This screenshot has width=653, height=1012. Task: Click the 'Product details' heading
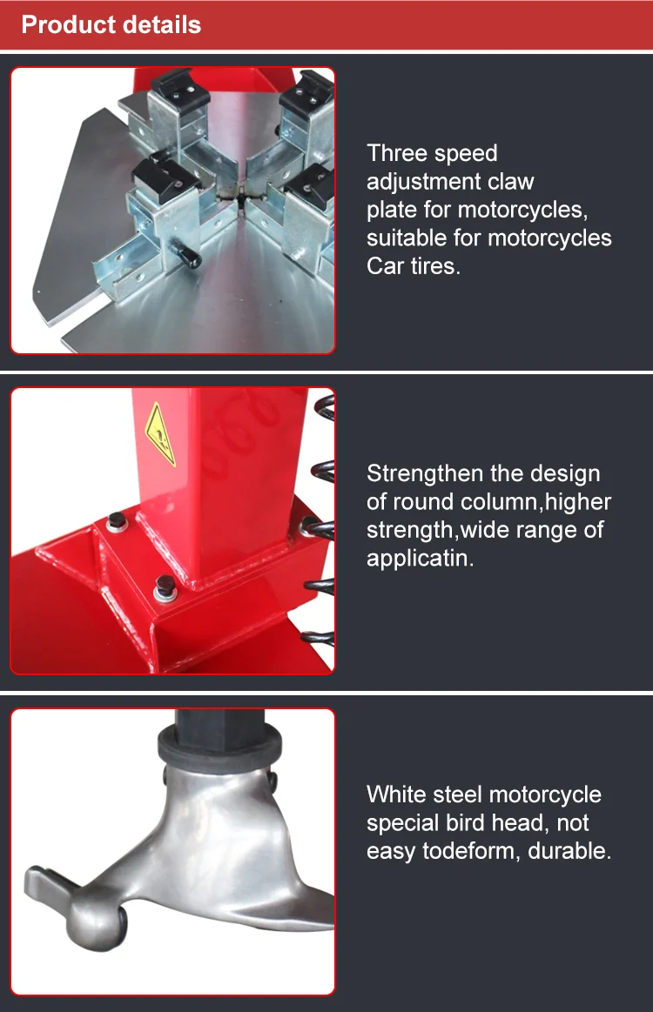pyautogui.click(x=111, y=24)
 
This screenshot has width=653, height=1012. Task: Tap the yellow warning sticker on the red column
pyautogui.click(x=159, y=433)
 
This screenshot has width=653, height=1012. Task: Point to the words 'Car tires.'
pyautogui.click(x=414, y=265)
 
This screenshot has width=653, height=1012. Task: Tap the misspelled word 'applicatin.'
pyautogui.click(x=421, y=558)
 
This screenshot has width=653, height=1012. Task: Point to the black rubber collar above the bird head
pyautogui.click(x=218, y=744)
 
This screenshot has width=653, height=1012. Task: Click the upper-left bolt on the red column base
pyautogui.click(x=115, y=522)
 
